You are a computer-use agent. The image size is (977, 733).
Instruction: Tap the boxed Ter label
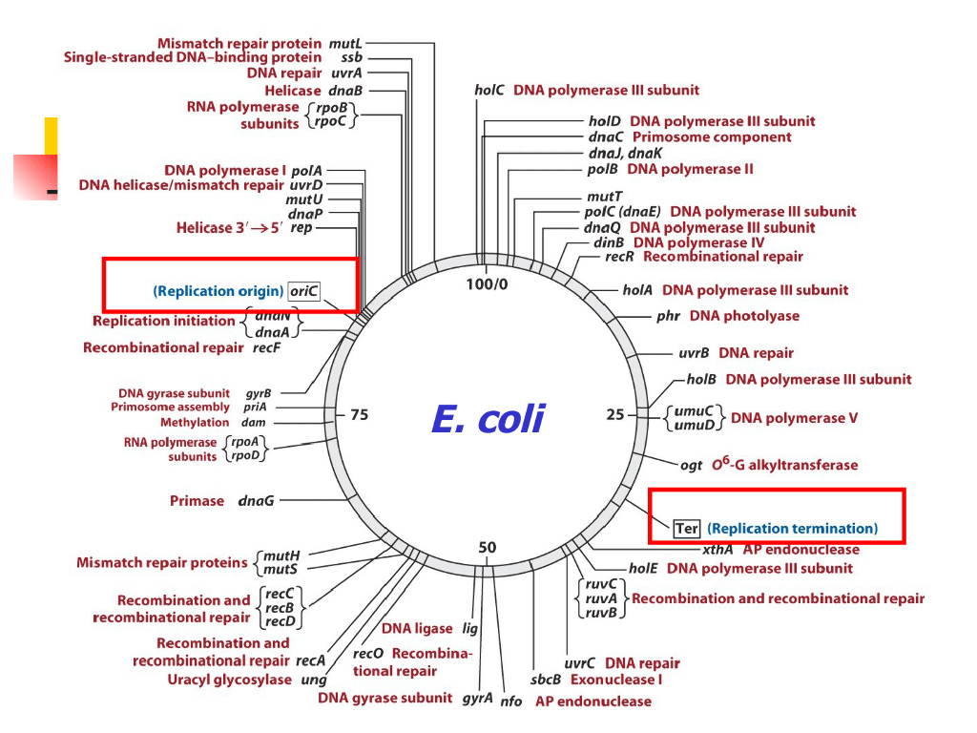(687, 528)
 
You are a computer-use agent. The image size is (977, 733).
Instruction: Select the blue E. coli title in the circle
(488, 418)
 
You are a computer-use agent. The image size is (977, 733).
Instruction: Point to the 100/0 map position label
(488, 284)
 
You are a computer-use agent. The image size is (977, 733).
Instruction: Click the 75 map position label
(359, 415)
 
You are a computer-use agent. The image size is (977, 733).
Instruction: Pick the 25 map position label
(615, 415)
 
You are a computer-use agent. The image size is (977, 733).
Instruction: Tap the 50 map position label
(488, 547)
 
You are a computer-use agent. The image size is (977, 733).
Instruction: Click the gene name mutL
(345, 43)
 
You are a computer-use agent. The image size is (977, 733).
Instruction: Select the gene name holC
(489, 91)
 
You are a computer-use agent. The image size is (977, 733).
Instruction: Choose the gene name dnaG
(256, 500)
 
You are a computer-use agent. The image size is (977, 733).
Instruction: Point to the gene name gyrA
(477, 698)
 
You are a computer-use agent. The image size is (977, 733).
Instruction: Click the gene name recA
(311, 660)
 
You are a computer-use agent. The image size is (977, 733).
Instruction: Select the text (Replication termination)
(792, 528)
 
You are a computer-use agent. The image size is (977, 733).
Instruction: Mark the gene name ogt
(691, 466)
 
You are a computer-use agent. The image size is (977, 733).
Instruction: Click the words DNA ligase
(417, 628)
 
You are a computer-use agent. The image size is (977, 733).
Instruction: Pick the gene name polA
(306, 170)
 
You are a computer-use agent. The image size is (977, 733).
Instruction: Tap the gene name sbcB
(546, 681)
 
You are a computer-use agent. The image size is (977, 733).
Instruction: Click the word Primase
(197, 500)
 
